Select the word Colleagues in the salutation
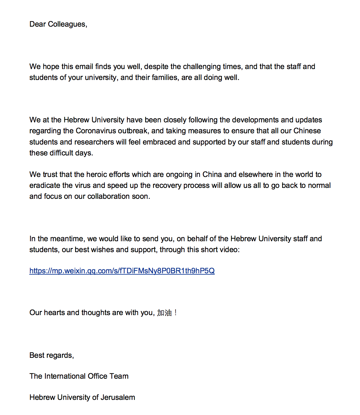67,24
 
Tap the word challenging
202,67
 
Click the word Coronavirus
95,131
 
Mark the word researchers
94,142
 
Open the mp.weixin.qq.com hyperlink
122,271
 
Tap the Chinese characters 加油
164,313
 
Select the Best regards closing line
52,356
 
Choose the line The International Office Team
79,376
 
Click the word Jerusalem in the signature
118,398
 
